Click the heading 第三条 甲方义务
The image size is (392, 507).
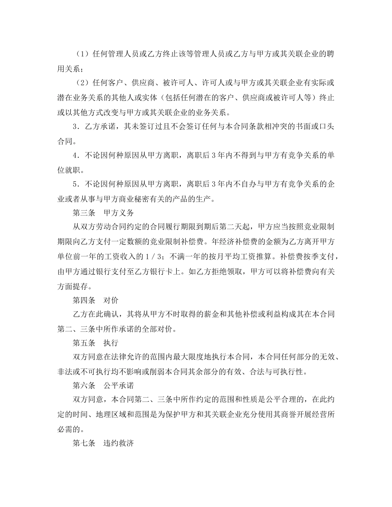click(x=103, y=213)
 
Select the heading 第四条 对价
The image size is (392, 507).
click(x=95, y=300)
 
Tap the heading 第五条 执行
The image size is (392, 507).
click(x=95, y=343)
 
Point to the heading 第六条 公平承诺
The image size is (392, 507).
click(x=103, y=386)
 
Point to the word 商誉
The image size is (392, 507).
click(x=258, y=415)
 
